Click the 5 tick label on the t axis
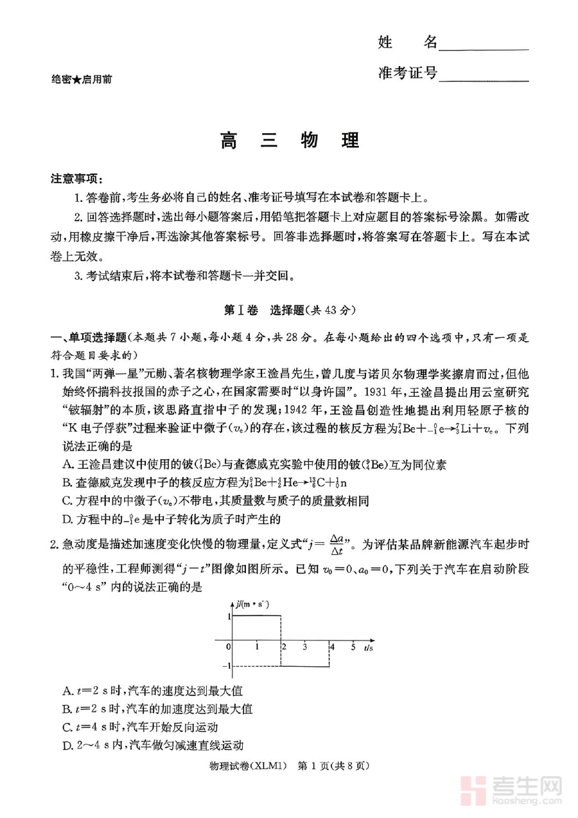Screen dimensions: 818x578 (x=353, y=646)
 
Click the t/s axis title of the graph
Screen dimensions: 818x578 (x=368, y=647)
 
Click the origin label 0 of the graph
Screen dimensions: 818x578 (x=229, y=646)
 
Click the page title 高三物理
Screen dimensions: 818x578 (x=289, y=140)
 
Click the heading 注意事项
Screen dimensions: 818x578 (x=76, y=178)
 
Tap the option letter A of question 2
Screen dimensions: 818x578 (x=67, y=691)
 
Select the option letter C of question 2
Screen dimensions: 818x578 (x=67, y=727)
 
